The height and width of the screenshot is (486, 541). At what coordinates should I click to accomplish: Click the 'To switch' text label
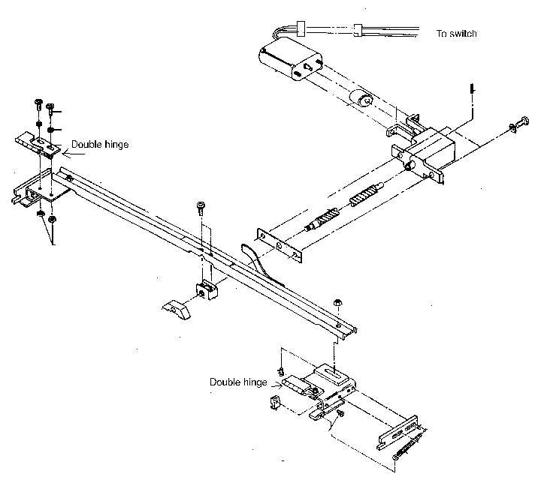point(457,34)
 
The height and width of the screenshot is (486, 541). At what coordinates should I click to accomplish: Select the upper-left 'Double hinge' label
point(99,145)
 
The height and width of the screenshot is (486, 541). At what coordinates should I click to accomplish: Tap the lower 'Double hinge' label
point(237,382)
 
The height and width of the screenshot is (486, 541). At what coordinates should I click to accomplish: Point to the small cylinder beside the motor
point(364,100)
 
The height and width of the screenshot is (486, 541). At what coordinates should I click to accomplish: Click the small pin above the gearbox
point(469,89)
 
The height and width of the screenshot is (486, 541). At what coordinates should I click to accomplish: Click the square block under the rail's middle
point(206,291)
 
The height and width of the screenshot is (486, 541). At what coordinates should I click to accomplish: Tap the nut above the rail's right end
point(337,302)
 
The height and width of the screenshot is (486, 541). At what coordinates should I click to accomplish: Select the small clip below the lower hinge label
point(273,403)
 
